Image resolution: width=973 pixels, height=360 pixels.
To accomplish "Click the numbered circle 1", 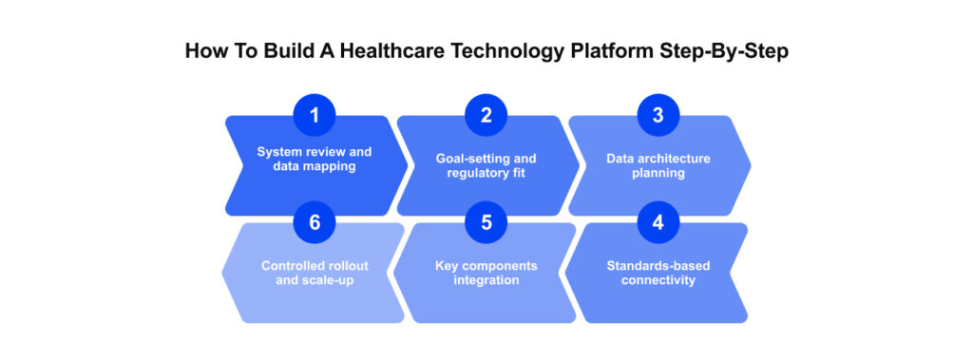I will [x=315, y=117].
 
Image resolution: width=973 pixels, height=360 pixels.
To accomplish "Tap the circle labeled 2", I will [x=486, y=117].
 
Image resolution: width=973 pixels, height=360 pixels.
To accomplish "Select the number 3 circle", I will [x=658, y=117].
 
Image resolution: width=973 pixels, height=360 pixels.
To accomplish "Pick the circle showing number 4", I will [x=658, y=224].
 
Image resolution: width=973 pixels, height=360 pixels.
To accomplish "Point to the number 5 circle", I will [x=486, y=224].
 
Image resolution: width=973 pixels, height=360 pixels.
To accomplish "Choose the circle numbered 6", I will [x=315, y=224].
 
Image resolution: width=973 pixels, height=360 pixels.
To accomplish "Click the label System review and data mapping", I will [x=314, y=159].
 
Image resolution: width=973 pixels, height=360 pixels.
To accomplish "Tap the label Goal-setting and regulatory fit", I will [x=486, y=165].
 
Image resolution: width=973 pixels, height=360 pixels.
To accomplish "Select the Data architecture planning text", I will [x=658, y=165].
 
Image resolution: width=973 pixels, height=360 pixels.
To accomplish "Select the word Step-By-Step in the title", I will [x=721, y=52].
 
